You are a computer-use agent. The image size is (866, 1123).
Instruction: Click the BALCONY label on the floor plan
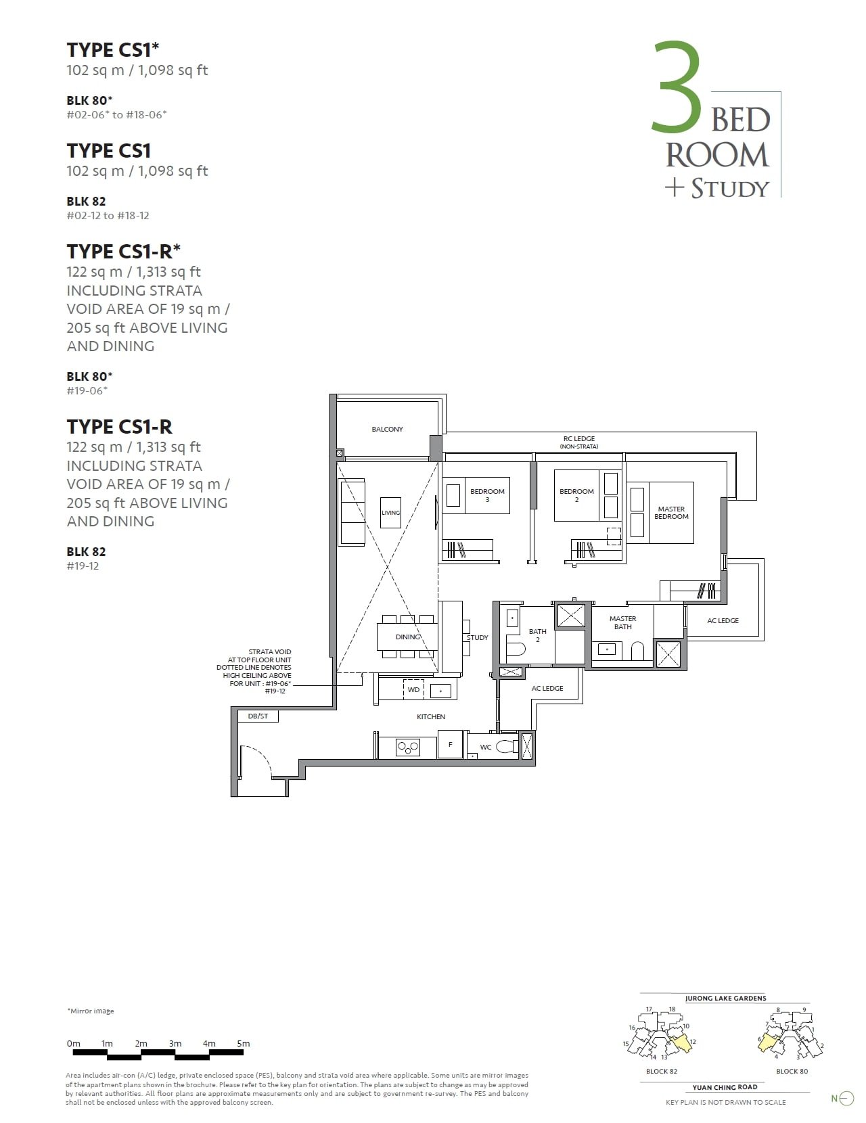tap(387, 429)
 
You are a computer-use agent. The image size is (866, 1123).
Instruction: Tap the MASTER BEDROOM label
tap(671, 513)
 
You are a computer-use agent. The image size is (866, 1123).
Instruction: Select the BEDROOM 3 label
tap(487, 495)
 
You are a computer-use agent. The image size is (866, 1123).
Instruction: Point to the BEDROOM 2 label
tap(576, 495)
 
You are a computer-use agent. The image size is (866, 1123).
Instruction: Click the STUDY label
tap(477, 637)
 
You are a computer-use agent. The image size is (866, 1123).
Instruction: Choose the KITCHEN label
tap(431, 716)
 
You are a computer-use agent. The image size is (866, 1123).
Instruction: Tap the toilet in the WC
tap(505, 747)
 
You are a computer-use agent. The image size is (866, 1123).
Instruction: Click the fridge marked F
tap(451, 745)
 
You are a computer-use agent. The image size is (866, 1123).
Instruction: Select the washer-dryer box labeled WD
tap(413, 690)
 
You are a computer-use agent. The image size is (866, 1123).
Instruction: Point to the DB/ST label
tap(258, 716)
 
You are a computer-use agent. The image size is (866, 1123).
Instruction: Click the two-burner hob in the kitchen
tap(408, 748)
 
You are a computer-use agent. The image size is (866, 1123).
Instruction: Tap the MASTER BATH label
tap(622, 622)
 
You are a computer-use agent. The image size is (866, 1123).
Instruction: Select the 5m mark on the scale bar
tap(244, 1044)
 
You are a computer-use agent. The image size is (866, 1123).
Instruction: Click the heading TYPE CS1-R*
tap(124, 251)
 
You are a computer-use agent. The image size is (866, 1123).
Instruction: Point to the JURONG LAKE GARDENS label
tap(725, 998)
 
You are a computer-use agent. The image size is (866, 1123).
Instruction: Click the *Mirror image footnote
tap(91, 1011)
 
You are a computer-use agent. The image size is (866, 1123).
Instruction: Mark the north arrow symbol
tap(846, 1099)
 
